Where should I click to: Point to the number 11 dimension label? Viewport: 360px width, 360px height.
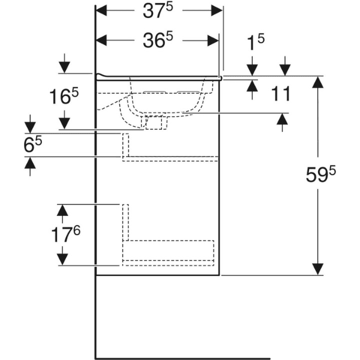280,94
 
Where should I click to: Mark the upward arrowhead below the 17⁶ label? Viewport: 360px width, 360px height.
61,259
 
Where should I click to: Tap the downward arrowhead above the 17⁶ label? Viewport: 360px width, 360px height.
61,209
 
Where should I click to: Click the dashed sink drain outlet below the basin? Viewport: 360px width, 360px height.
154,122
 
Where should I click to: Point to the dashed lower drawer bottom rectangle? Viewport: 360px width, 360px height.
169,251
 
